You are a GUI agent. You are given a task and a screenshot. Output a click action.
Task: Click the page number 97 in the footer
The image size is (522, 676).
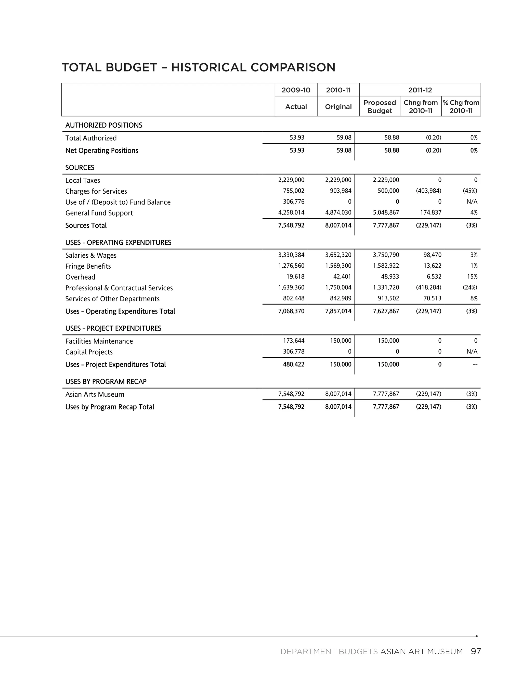tap(476, 651)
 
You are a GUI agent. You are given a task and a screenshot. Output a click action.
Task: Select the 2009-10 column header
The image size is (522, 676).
tap(296, 90)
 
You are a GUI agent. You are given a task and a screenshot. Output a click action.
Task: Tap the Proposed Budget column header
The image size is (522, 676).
tap(380, 106)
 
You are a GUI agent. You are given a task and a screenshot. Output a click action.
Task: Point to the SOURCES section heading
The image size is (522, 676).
tap(80, 167)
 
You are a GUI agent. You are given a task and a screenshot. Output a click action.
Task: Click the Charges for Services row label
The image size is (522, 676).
tap(96, 191)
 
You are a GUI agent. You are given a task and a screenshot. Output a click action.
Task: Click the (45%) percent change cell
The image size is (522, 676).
tap(470, 191)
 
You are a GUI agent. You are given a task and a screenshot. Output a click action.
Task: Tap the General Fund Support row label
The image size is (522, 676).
tap(99, 213)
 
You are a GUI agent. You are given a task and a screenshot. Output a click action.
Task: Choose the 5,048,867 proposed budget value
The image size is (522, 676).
tap(386, 212)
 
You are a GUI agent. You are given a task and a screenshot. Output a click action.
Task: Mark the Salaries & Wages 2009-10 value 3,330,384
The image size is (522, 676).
tap(291, 255)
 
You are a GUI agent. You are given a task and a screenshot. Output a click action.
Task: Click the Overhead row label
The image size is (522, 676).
tap(80, 277)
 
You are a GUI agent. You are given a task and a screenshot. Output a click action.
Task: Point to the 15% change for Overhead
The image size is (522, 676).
tap(472, 277)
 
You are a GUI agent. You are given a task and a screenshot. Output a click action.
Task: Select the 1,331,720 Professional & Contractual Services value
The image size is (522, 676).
tap(386, 287)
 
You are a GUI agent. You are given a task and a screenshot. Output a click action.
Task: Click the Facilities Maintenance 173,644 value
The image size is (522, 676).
tap(293, 341)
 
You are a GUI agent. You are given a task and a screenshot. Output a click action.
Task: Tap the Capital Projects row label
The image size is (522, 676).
tap(89, 352)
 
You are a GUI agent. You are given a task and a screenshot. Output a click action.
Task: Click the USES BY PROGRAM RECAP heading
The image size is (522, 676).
tap(106, 381)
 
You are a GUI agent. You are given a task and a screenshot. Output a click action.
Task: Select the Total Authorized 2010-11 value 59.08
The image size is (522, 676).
tap(344, 137)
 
